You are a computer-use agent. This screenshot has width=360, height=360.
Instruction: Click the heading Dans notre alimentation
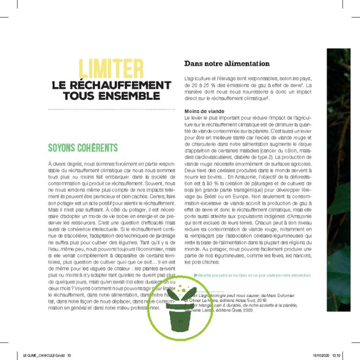227,63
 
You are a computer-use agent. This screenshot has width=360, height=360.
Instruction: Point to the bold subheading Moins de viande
200,111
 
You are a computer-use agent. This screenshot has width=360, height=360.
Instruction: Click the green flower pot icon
179,307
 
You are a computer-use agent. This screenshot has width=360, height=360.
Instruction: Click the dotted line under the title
107,110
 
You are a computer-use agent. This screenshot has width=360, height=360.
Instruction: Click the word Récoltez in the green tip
206,275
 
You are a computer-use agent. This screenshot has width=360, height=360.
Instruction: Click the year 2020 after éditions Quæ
261,311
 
